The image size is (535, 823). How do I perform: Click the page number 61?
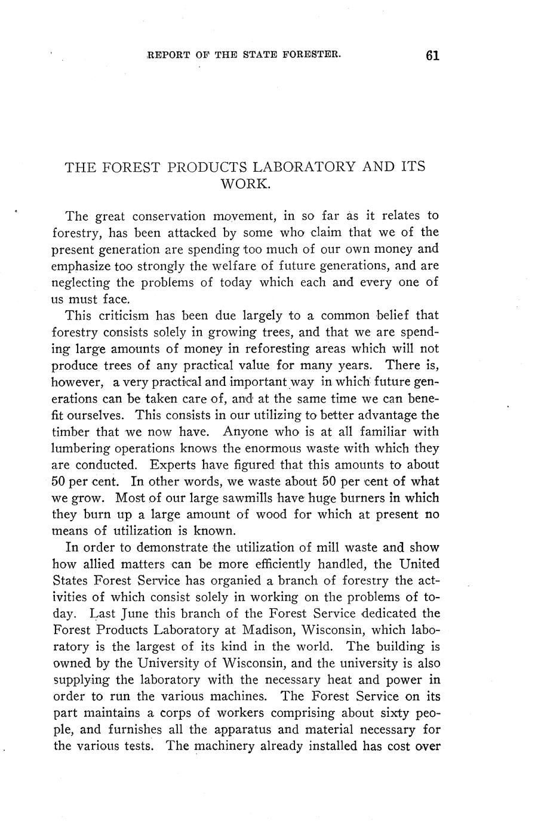(433, 55)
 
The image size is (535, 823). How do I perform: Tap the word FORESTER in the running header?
(313, 54)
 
